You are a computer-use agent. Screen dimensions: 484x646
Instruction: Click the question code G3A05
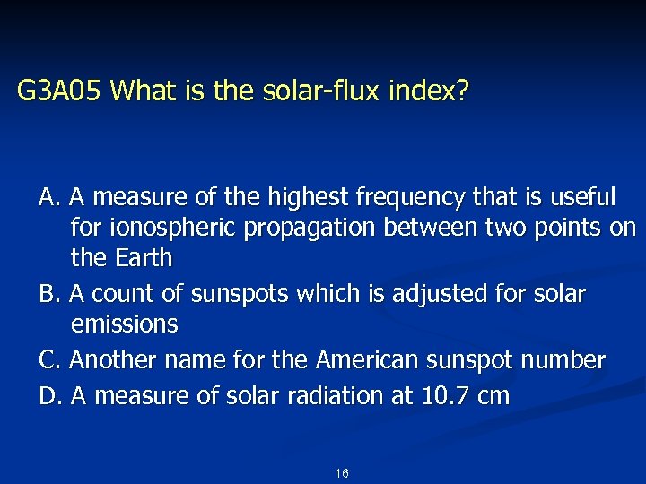tap(62, 91)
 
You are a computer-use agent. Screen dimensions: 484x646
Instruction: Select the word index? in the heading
tap(438, 91)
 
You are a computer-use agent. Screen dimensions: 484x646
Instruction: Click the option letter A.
tap(48, 195)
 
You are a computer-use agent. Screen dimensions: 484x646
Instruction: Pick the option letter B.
tap(47, 293)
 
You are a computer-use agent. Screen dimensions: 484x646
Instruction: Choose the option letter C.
tap(48, 360)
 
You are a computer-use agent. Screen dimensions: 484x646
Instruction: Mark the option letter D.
tap(48, 394)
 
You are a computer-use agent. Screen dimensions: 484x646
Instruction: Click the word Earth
tap(144, 258)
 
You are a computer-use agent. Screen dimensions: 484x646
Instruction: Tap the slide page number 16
tap(341, 472)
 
